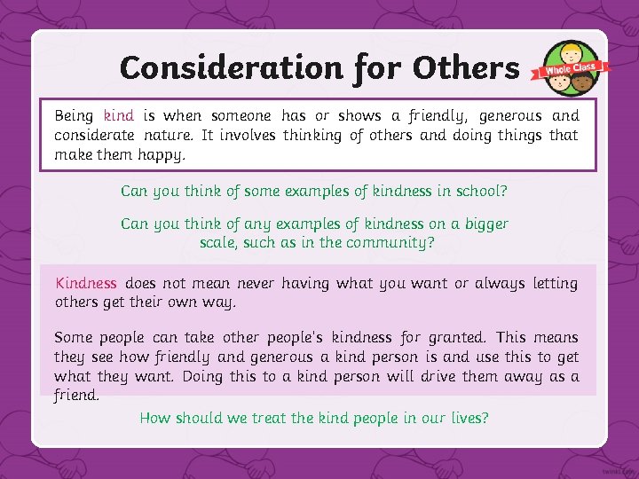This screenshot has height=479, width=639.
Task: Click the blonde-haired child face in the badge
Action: point(568,53)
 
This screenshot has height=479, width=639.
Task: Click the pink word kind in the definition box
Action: point(118,115)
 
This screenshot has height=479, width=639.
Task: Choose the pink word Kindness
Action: point(86,283)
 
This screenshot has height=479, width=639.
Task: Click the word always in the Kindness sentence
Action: point(501,283)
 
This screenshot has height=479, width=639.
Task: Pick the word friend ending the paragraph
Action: point(77,396)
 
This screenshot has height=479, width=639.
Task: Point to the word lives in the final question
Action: point(469,418)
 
